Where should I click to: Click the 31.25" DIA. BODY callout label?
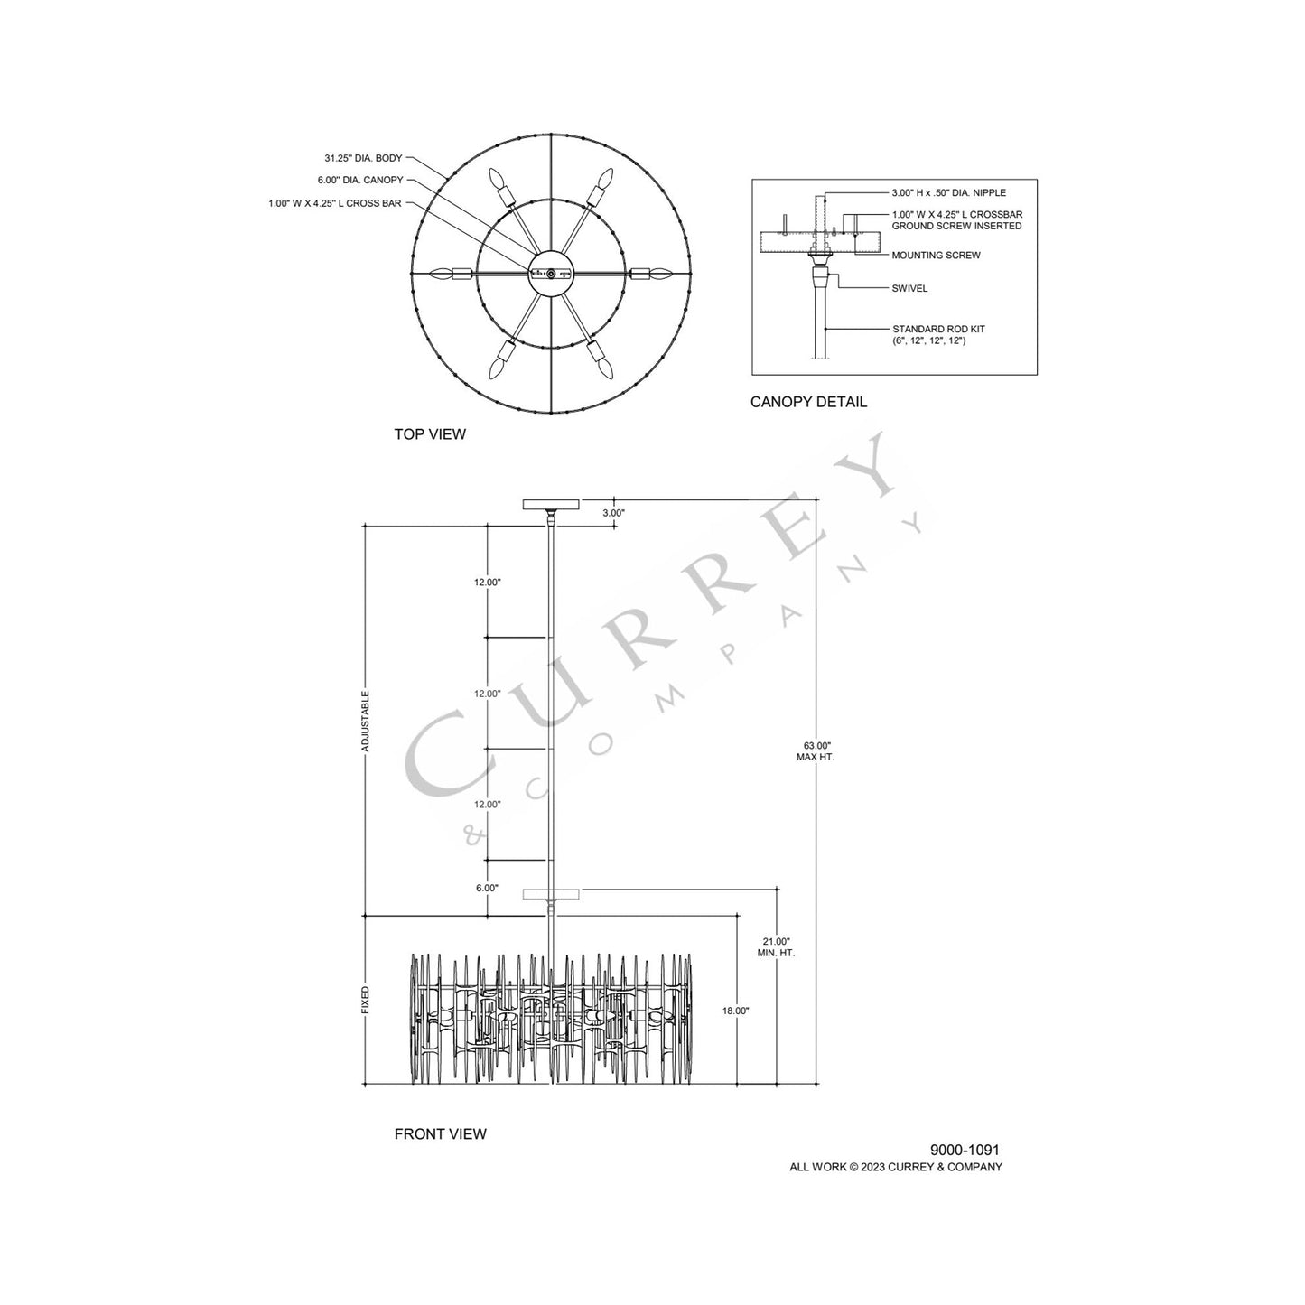(x=363, y=158)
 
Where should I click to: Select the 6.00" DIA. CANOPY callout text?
(x=360, y=181)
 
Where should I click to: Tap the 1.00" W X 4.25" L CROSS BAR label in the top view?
(x=335, y=204)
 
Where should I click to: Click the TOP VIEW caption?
(x=430, y=434)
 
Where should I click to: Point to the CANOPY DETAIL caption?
(x=808, y=402)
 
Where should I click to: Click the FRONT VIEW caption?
(x=440, y=1133)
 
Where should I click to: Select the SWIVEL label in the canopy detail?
(x=909, y=289)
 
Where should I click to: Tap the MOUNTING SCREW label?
(x=936, y=256)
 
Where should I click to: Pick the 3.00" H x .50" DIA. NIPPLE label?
(x=948, y=193)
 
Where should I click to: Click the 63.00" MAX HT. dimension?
(x=815, y=751)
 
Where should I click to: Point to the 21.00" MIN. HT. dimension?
(x=777, y=947)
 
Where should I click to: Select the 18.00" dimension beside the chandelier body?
(x=736, y=1011)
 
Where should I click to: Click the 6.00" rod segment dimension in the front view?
(x=486, y=888)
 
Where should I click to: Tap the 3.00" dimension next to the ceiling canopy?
(x=613, y=512)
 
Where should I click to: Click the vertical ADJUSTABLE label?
(x=366, y=722)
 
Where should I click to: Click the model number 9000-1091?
(x=965, y=1150)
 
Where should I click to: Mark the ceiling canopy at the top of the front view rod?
(x=550, y=505)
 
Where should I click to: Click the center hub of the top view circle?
(x=550, y=273)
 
